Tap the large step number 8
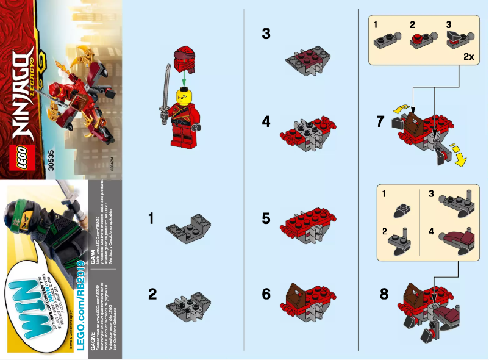(x=384, y=293)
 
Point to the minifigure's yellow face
(x=182, y=96)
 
